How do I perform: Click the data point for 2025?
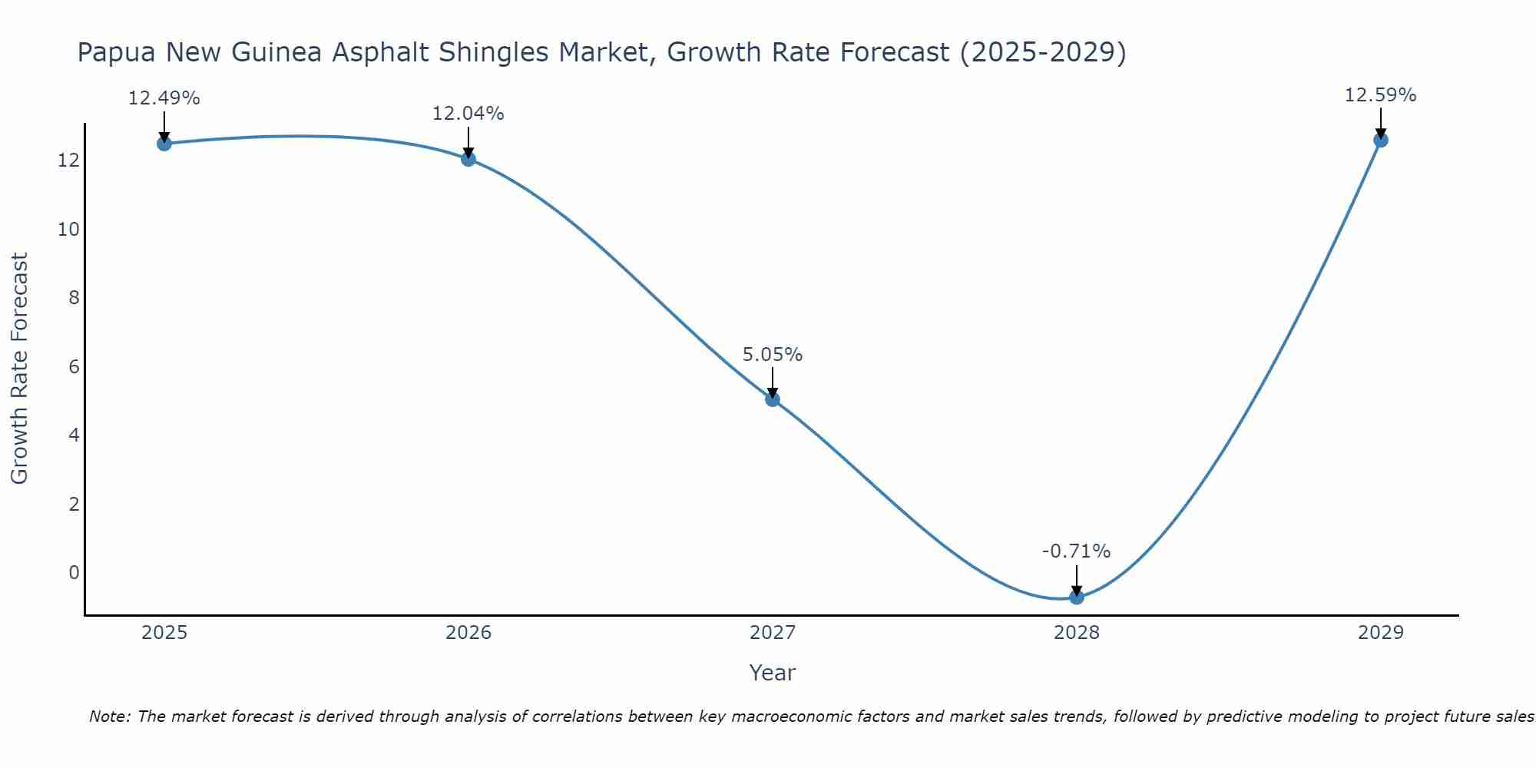click(x=164, y=144)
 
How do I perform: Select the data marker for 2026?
click(x=468, y=159)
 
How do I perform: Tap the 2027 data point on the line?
click(x=773, y=399)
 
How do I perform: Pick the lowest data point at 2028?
click(x=1077, y=597)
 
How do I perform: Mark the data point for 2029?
click(x=1381, y=140)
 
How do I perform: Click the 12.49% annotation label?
click(x=164, y=98)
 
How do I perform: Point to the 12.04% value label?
click(x=468, y=114)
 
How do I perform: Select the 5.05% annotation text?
click(x=773, y=355)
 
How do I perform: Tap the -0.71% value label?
click(x=1077, y=551)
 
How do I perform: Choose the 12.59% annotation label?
click(x=1381, y=95)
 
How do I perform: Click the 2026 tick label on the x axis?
click(x=468, y=633)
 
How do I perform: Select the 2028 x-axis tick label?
click(x=1077, y=633)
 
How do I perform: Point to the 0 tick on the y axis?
click(x=74, y=573)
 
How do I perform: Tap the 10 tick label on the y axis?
click(x=68, y=230)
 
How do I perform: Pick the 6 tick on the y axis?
click(x=74, y=367)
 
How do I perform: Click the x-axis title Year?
click(x=773, y=673)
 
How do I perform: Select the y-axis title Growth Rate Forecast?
click(x=19, y=369)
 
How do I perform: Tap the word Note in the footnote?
click(x=110, y=717)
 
